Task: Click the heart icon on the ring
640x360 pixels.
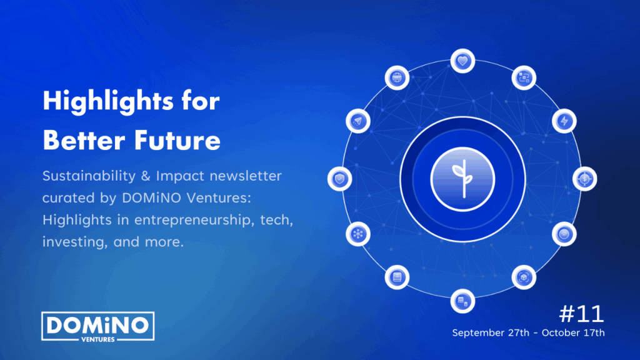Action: (x=462, y=61)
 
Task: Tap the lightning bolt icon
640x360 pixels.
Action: (x=564, y=121)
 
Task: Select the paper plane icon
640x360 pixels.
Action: (x=358, y=121)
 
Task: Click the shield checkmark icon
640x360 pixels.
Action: (x=339, y=179)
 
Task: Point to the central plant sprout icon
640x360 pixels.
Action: (x=463, y=179)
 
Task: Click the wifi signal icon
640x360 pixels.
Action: (x=564, y=234)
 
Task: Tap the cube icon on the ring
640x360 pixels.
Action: (x=524, y=277)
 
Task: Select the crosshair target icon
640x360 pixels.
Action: (x=584, y=179)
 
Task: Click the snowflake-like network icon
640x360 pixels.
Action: (x=358, y=234)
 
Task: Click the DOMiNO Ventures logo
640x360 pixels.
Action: (x=98, y=326)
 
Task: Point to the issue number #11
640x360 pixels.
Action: (x=581, y=314)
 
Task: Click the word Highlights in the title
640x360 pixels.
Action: (x=108, y=101)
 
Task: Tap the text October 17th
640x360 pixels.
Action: (x=573, y=332)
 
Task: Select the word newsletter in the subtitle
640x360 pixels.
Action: (x=246, y=176)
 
